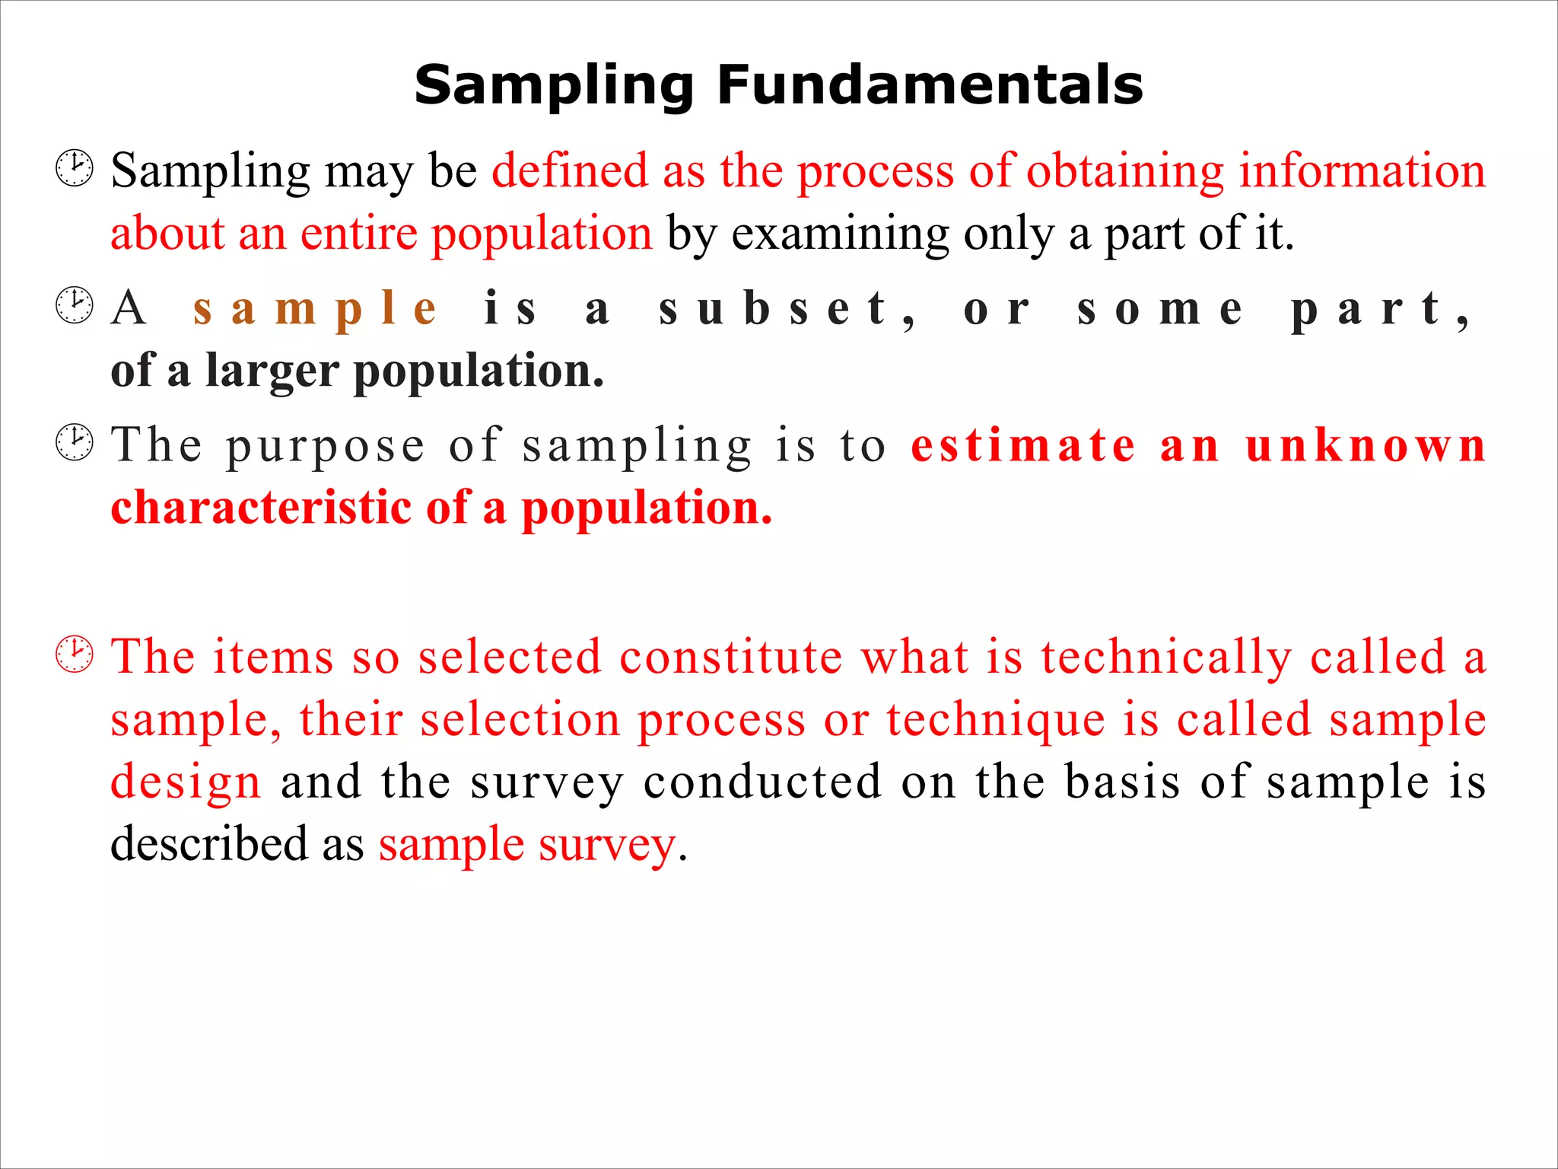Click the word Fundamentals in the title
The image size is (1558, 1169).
[x=930, y=84]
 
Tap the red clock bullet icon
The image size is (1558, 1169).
[x=75, y=654]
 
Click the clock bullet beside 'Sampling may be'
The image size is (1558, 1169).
[x=75, y=168]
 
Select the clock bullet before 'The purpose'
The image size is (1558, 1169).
[x=75, y=442]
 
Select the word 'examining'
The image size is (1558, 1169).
[x=840, y=234]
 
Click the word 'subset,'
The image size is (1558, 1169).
[x=787, y=309]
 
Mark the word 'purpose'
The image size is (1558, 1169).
[x=325, y=446]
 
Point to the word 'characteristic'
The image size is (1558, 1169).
[x=261, y=508]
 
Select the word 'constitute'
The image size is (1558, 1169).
[x=730, y=656]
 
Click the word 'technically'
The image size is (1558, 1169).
[x=1166, y=658]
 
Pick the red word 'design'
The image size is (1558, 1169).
[x=186, y=782]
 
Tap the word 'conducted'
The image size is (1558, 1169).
[x=762, y=782]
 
